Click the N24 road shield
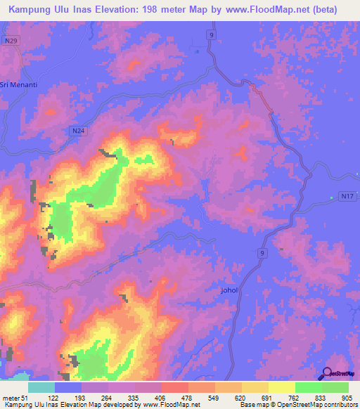(78, 131)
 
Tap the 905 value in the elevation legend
(348, 398)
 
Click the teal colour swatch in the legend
(41, 387)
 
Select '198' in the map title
(147, 10)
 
